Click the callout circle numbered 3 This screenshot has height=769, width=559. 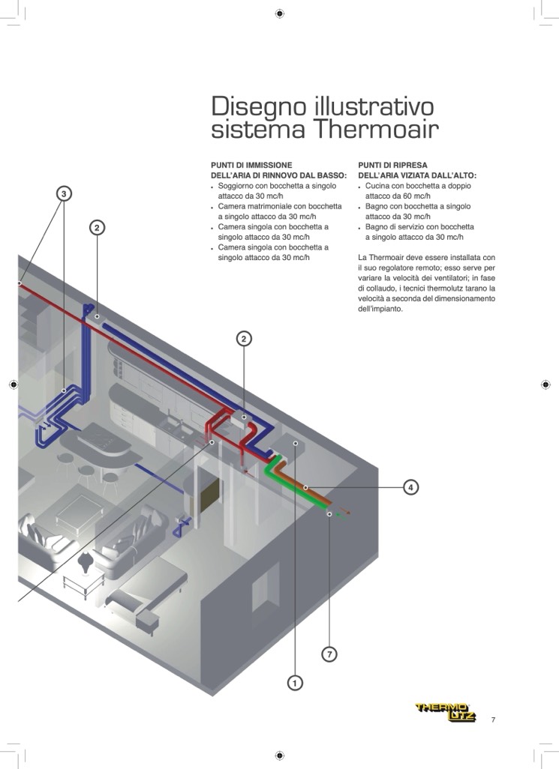(65, 194)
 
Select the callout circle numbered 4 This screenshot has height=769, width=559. (410, 487)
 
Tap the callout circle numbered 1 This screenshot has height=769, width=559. (295, 683)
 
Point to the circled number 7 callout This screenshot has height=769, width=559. (329, 654)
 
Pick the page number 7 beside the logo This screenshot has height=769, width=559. (493, 720)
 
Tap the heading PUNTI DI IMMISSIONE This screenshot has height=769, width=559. (251, 165)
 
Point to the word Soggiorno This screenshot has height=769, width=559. (239, 185)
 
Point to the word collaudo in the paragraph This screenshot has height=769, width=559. (382, 289)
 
